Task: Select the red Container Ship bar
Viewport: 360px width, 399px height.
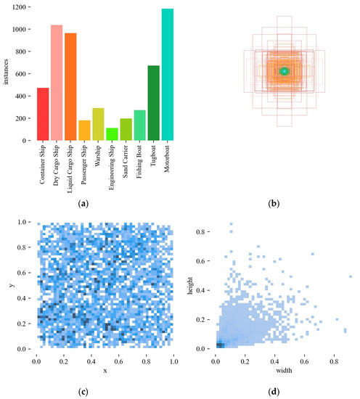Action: pos(42,114)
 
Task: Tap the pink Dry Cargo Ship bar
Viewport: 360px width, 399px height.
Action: pos(57,83)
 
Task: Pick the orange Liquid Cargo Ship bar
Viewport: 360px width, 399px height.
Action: pos(70,86)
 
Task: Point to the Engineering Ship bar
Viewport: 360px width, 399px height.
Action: pos(112,134)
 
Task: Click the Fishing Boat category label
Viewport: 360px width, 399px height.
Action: pos(141,166)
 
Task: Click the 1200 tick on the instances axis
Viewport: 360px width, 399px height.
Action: pos(19,7)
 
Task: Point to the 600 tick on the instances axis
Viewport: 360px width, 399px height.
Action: pos(21,74)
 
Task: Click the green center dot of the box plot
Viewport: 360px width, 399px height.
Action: pos(285,71)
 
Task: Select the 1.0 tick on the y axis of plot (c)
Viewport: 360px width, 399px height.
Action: pos(23,222)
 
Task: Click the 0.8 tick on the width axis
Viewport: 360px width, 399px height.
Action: pos(333,361)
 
